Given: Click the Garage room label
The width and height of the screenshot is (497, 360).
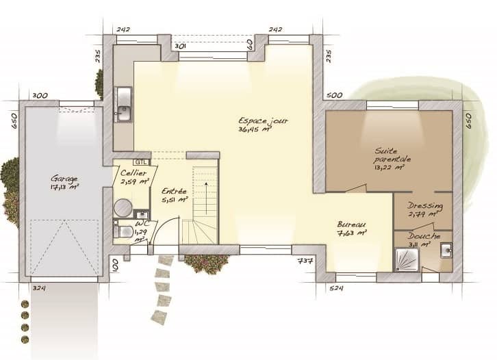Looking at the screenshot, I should coord(64,179).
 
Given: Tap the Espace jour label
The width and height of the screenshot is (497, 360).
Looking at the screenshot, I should coord(263,120).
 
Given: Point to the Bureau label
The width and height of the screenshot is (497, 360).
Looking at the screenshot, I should coord(351,224).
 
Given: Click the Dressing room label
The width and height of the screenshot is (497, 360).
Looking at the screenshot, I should coord(424,206).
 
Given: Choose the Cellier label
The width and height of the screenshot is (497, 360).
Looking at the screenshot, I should coord(134,174).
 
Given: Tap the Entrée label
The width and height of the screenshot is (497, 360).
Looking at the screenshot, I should coord(174,192).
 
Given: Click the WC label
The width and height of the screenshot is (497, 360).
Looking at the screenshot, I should coord(142,224).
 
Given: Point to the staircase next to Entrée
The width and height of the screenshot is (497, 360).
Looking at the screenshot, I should coord(203,205).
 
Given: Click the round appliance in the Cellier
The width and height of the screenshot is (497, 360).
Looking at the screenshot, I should coord(123,207).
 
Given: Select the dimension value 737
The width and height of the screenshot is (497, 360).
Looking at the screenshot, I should coord(305,261).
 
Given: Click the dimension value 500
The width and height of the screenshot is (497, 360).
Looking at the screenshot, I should coord(334,95).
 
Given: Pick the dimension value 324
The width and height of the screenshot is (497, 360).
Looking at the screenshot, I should coord(39,288).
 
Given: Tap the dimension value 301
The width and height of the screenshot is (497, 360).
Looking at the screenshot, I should coord(181,46).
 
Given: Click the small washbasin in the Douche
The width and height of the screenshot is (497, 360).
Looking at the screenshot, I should coord(446,250).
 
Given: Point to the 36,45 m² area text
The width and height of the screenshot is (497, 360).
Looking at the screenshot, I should coord(255,129).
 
